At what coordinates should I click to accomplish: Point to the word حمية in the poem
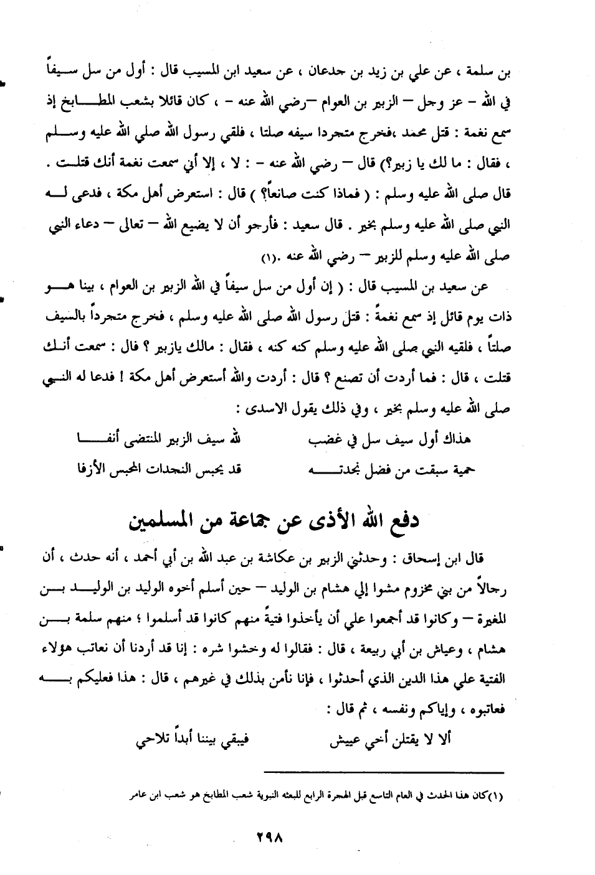pos(460,471)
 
